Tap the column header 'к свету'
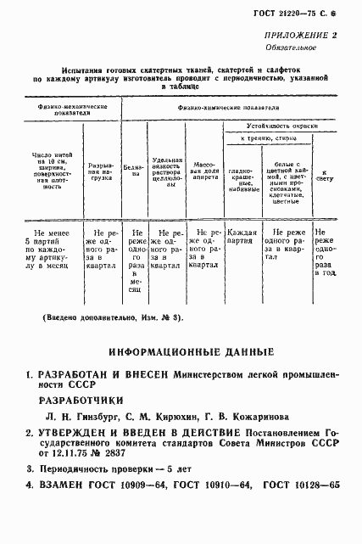click(x=323, y=176)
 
